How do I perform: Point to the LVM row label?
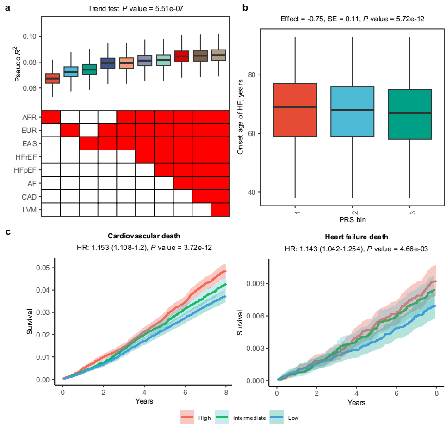click(x=31, y=210)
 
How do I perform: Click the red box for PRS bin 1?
click(x=295, y=110)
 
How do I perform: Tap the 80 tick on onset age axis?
click(x=251, y=75)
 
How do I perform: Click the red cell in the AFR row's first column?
click(x=51, y=117)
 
